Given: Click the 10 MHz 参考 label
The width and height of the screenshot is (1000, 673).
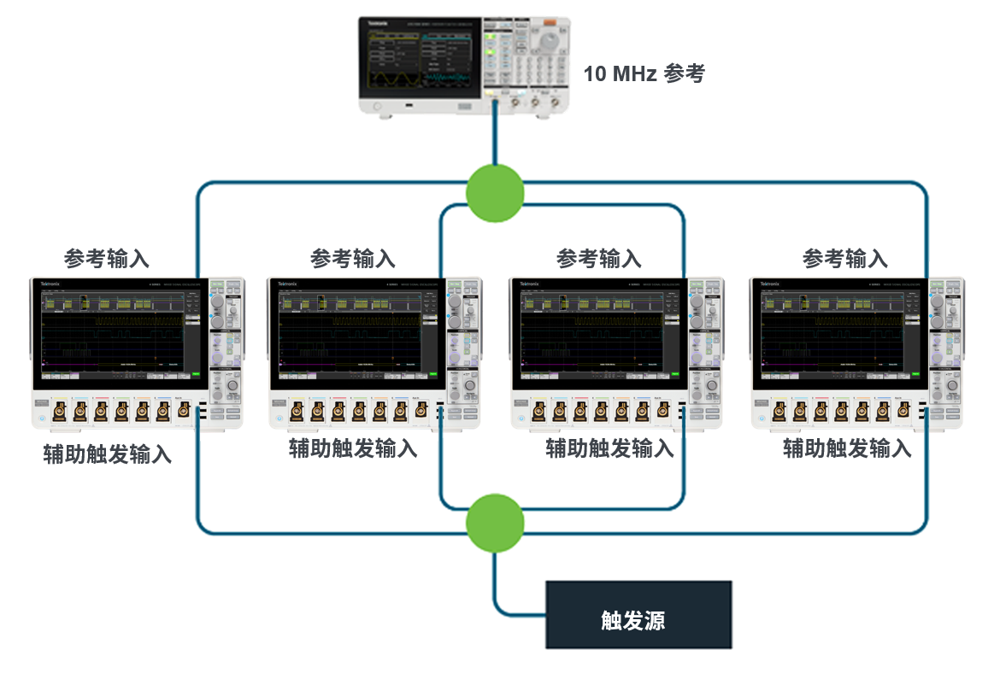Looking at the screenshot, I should tap(644, 73).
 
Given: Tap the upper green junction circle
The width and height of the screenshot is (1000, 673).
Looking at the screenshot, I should tap(495, 193).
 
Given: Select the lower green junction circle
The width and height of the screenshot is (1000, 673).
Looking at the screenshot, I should tap(495, 522).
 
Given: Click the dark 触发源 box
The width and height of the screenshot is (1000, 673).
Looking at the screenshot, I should tap(639, 615).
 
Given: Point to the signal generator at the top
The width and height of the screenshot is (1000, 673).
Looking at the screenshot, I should tap(462, 65).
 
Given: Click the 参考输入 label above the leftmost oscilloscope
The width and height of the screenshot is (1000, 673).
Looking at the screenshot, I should tap(107, 258).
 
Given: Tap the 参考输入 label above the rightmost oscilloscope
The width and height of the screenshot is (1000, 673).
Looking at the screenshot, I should tap(844, 258).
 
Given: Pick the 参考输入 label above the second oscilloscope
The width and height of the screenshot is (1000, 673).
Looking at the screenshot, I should tap(353, 258).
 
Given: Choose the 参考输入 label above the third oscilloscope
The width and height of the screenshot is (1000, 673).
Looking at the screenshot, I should tap(598, 258).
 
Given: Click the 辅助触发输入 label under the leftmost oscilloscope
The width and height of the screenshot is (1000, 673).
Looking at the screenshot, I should tap(108, 454).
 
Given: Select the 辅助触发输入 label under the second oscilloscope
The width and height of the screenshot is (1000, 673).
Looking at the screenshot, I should tap(353, 448).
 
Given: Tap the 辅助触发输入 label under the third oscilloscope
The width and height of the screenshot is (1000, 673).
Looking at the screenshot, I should tap(609, 448).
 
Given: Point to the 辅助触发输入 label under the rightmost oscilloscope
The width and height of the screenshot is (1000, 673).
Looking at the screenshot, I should tap(847, 448).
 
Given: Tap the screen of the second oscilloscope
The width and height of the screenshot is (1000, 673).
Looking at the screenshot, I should tap(357, 334).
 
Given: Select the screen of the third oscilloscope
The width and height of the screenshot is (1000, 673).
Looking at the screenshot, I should tap(598, 334).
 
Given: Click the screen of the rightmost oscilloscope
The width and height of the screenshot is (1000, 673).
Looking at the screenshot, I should tap(839, 334).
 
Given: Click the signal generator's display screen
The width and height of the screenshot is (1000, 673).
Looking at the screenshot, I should tap(421, 60).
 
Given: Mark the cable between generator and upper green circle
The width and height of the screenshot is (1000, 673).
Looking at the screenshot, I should tap(495, 137).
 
